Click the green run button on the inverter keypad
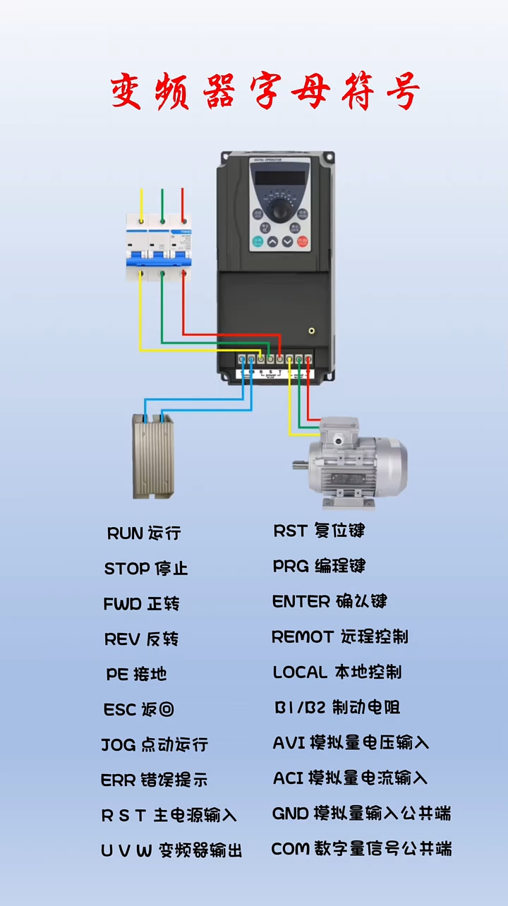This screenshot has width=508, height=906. tap(258, 242)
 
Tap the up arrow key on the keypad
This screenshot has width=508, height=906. tap(272, 242)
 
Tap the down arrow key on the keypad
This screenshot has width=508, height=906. tap(287, 242)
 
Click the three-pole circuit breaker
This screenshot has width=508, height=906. tap(159, 240)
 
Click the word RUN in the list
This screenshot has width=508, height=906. tap(125, 533)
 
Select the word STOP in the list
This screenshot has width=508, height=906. tap(127, 569)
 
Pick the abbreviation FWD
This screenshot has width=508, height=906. tap(123, 604)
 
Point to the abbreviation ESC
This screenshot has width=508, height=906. tap(119, 710)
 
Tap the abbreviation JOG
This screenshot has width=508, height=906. tap(119, 745)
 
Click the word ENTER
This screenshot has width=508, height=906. tap(301, 602)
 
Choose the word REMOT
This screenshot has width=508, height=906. tap(302, 637)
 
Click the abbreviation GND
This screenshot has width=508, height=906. tap(290, 814)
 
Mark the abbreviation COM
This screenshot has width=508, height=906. tap(290, 849)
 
